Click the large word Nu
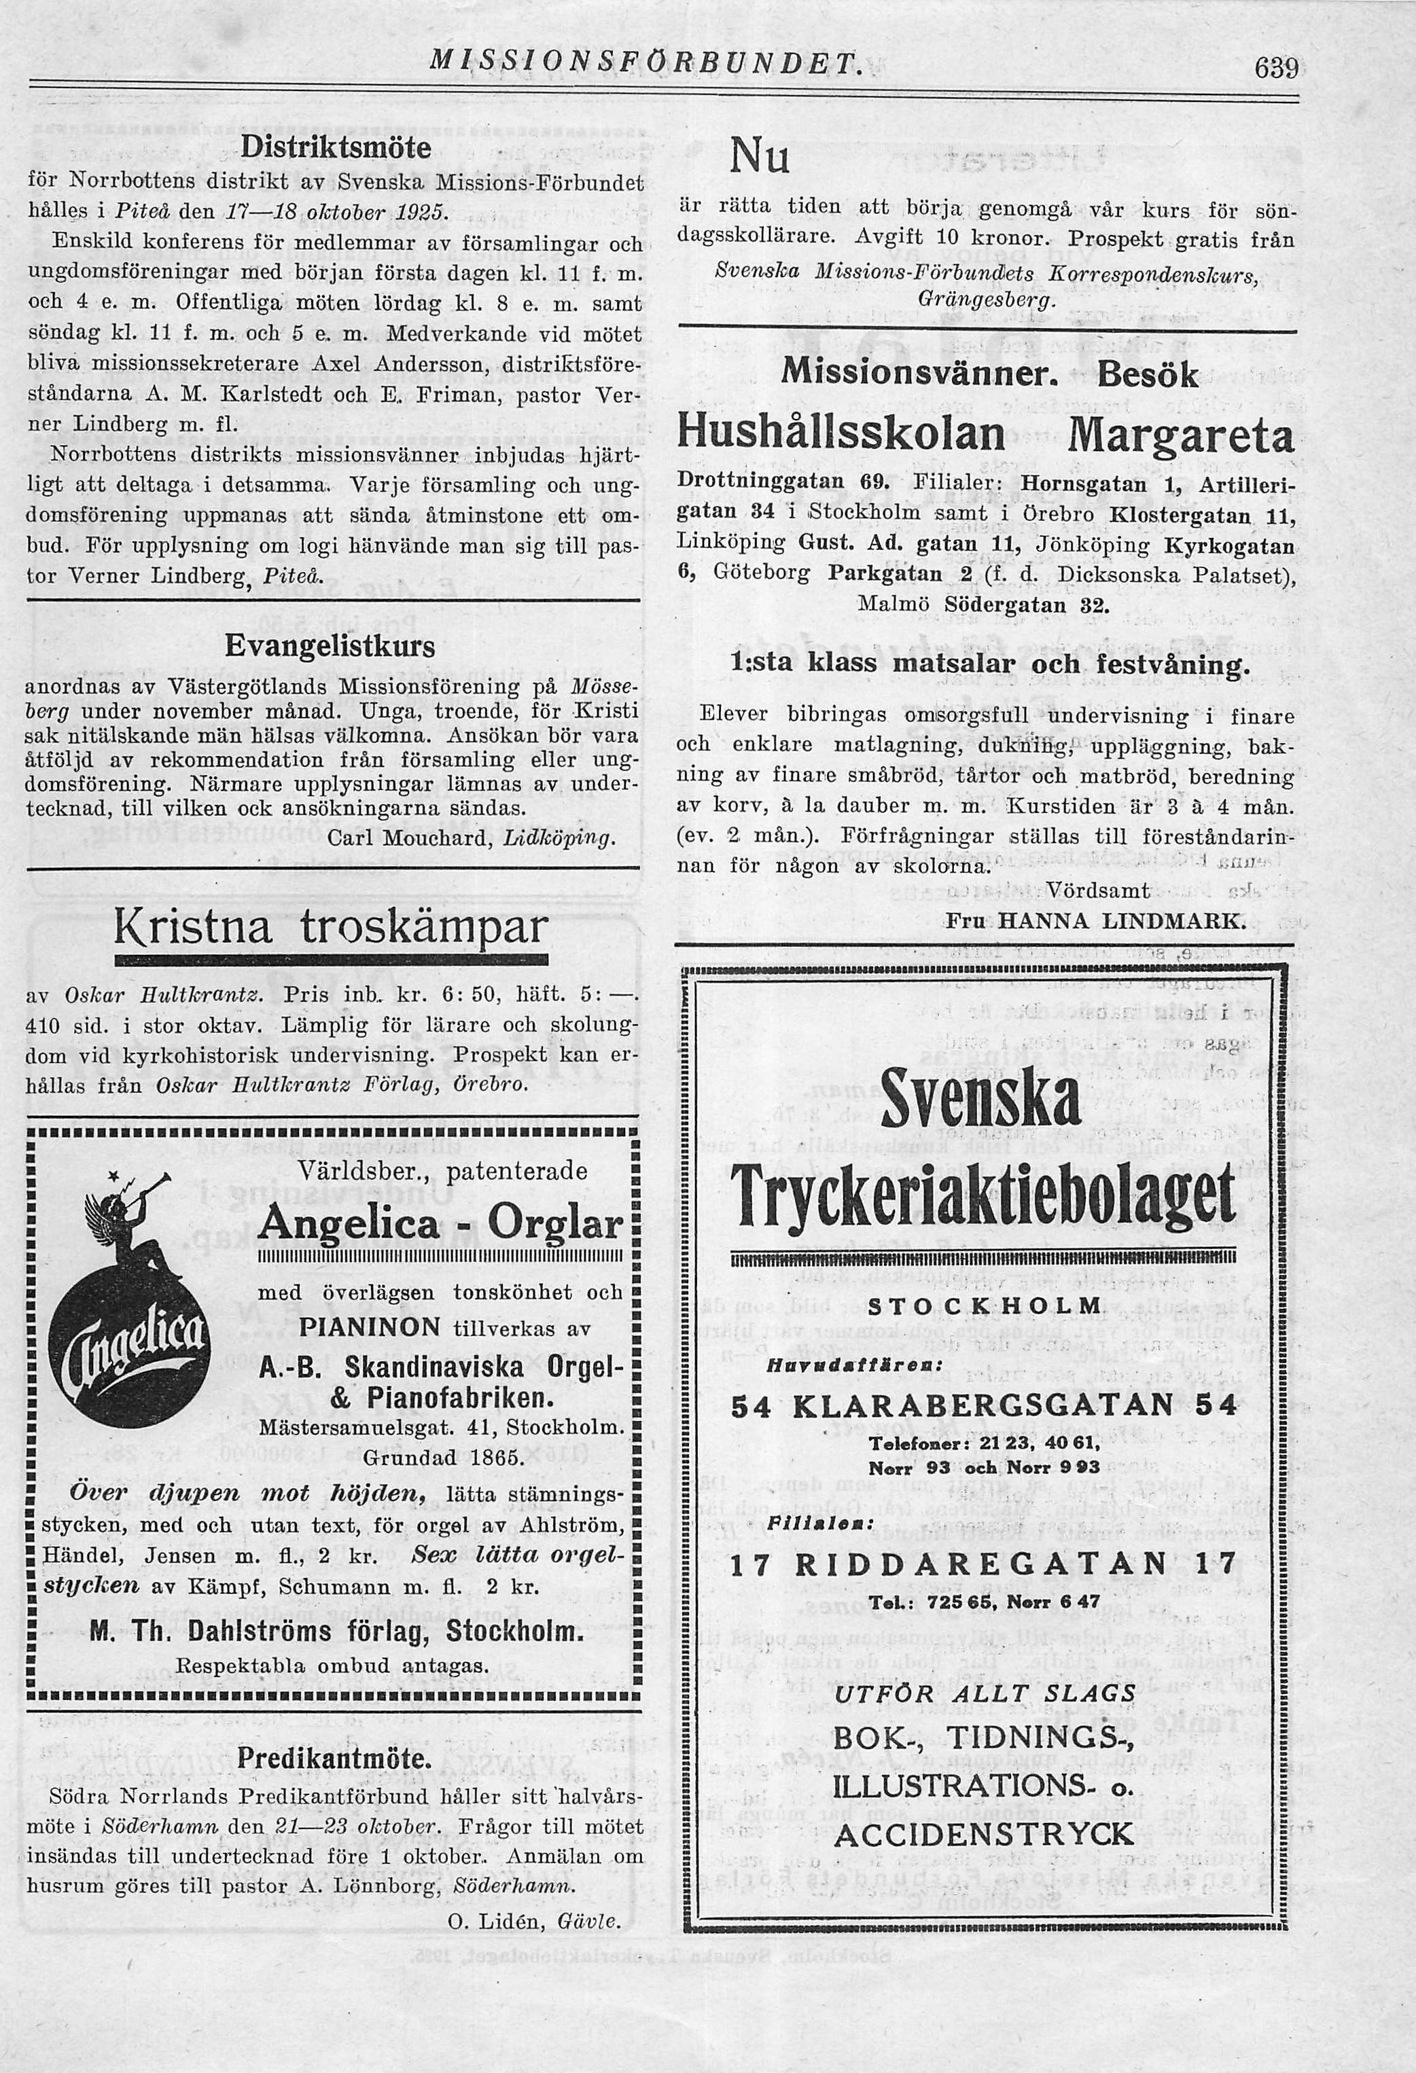[x=760, y=159]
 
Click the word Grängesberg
[x=986, y=301]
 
